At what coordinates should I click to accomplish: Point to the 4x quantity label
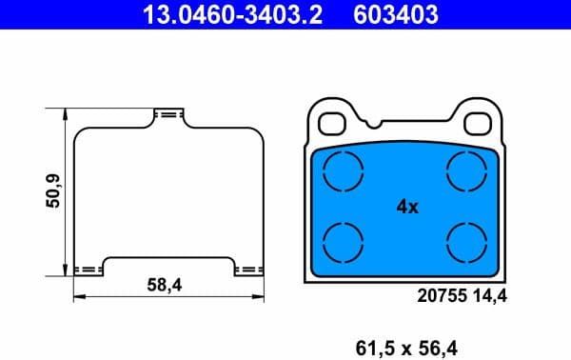(406, 206)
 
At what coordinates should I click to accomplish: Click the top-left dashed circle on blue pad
(344, 172)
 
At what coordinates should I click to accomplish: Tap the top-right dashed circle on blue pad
(467, 172)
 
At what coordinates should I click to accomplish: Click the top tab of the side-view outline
(168, 114)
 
